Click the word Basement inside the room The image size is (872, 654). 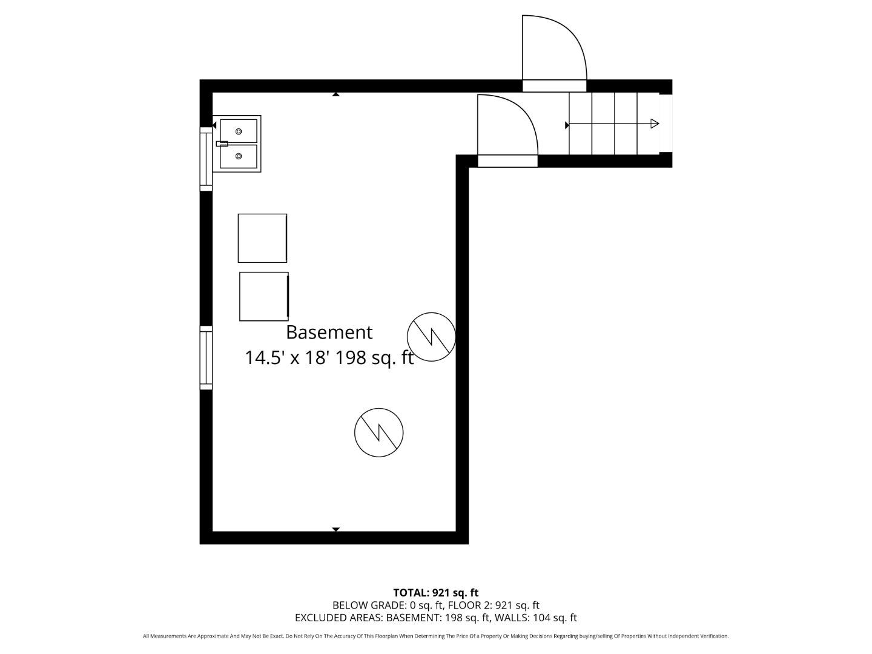point(329,332)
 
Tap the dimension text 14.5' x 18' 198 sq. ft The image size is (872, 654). point(329,358)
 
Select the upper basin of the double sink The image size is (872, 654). point(239,131)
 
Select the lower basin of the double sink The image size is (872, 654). point(239,156)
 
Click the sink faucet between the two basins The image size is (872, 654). point(222,144)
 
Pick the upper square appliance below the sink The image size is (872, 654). point(262,238)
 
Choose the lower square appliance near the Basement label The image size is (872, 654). point(263,296)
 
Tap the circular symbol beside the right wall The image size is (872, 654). point(431,337)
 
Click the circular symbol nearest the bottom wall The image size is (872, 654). point(378,432)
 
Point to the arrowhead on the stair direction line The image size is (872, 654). point(655,124)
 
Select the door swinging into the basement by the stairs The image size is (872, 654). point(507,128)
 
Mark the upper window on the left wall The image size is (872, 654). point(206,159)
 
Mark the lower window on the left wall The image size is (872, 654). point(206,357)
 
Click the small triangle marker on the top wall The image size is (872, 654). point(335,94)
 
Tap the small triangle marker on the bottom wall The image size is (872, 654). point(335,529)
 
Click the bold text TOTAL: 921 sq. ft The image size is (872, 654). point(435,592)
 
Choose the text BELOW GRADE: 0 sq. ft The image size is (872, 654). point(388,605)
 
